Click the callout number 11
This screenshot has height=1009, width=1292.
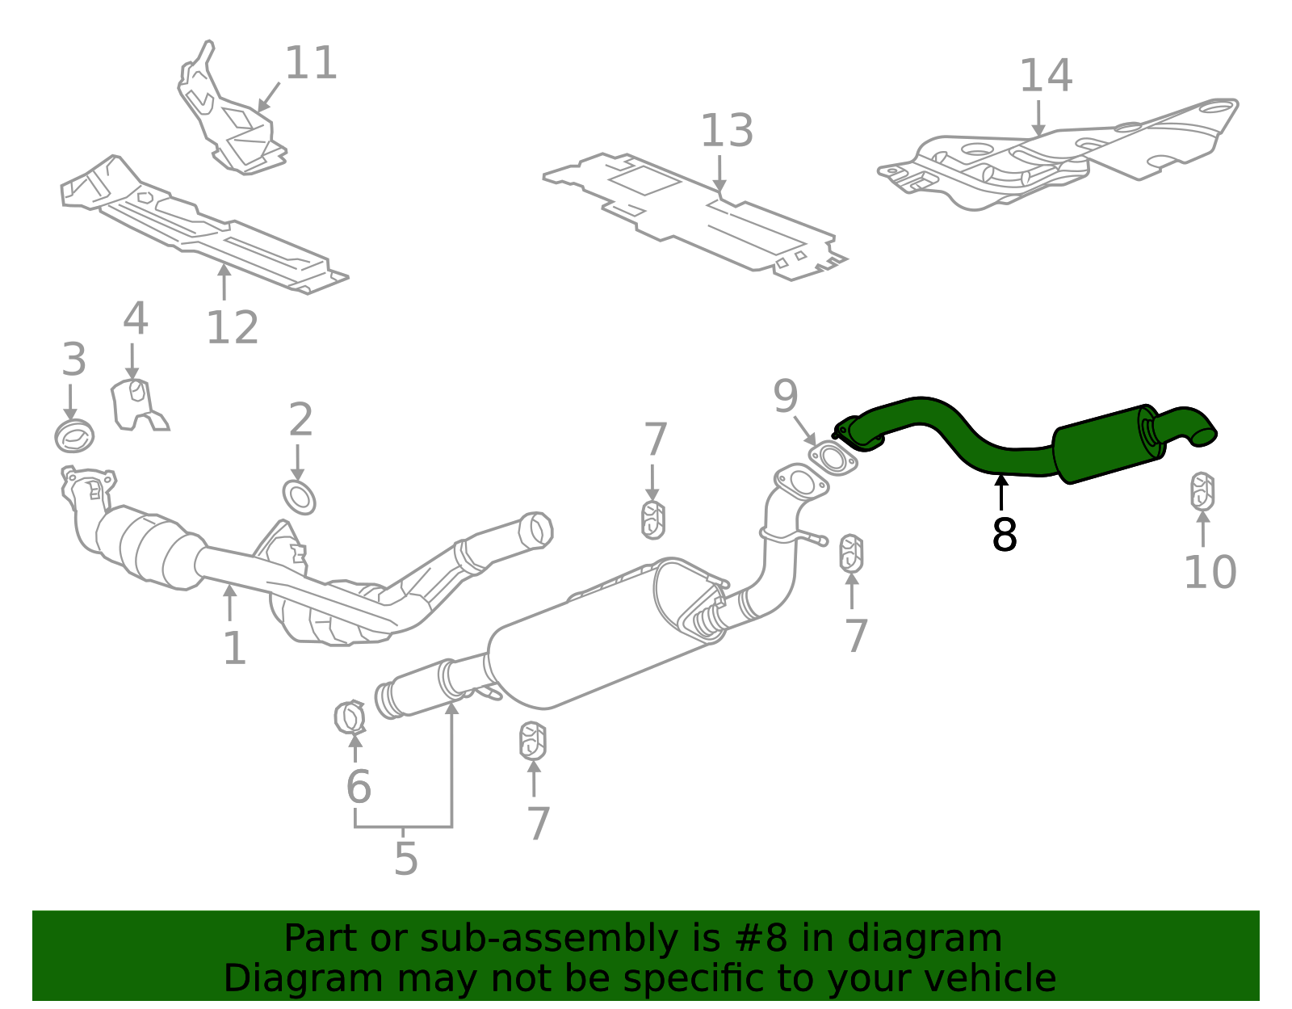(311, 64)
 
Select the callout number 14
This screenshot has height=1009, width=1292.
(1046, 77)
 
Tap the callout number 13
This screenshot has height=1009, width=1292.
(727, 132)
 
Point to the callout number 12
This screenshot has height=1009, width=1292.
(233, 328)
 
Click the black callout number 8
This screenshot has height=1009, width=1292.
(1004, 535)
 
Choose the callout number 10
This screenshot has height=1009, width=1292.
(1210, 573)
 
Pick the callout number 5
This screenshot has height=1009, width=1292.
(405, 859)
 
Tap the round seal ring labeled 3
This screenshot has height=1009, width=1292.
(74, 436)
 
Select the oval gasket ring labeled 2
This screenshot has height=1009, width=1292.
(299, 497)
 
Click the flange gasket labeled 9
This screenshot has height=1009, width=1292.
(833, 459)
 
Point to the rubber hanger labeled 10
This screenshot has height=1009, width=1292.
(1202, 492)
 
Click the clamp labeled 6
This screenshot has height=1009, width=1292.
(350, 717)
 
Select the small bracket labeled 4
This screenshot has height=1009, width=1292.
(136, 404)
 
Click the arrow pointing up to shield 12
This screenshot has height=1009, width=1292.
(224, 281)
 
